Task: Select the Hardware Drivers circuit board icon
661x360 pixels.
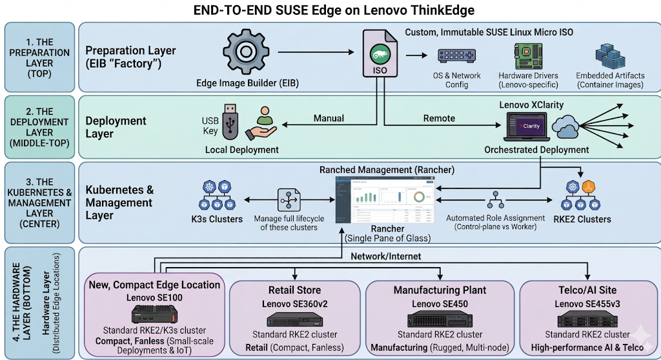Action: point(528,57)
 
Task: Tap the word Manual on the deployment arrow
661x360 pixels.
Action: point(329,118)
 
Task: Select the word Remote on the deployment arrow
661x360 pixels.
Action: point(439,118)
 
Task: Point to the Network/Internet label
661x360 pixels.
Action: point(385,256)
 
